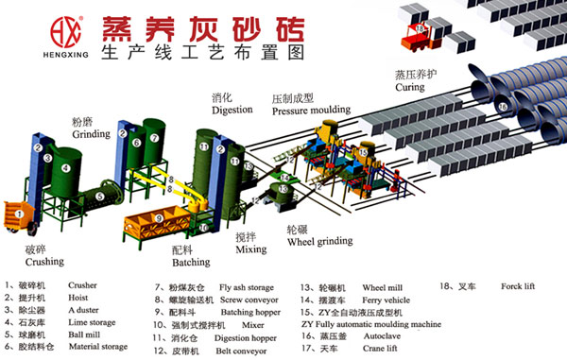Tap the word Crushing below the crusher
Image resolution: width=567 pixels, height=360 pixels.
coord(43,260)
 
